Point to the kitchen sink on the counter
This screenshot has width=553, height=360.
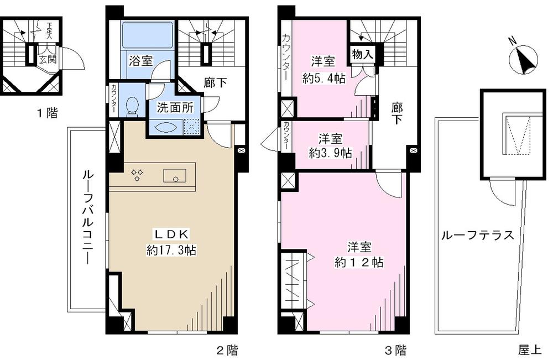[x=176, y=175]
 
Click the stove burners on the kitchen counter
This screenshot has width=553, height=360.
[x=138, y=175]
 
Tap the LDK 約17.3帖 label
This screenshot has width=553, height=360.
[x=171, y=242]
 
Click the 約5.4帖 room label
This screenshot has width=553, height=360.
[x=324, y=71]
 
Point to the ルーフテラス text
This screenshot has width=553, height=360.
[x=477, y=235]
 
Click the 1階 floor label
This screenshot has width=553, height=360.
[x=47, y=114]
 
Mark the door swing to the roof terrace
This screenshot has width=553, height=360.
[x=503, y=194]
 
